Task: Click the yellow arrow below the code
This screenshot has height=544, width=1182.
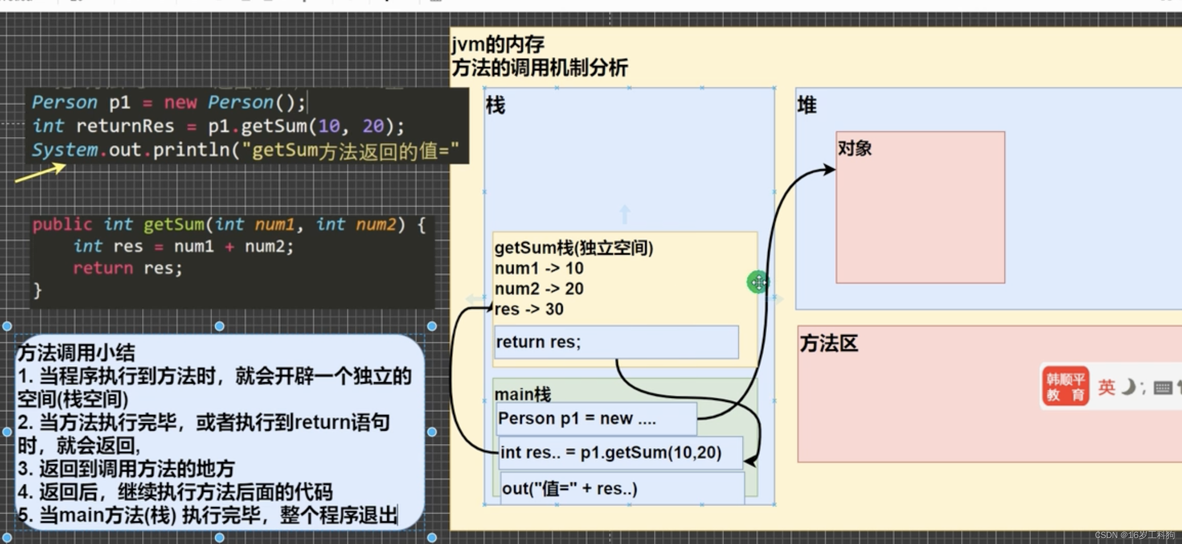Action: click(40, 173)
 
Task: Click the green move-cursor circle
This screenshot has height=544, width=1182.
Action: click(758, 282)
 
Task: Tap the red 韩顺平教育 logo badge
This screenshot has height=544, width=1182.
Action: click(1065, 386)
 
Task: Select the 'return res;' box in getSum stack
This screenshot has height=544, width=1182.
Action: click(616, 342)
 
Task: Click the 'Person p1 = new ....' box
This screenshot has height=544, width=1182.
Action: click(596, 419)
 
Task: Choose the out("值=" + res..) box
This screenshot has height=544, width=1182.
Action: click(621, 489)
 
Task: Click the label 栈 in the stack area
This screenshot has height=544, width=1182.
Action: click(495, 106)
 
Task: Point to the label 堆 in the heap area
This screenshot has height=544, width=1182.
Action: click(807, 106)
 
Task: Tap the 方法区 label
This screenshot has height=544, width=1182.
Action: click(828, 343)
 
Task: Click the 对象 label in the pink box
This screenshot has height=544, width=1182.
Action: click(854, 149)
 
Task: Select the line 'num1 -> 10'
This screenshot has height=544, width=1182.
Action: click(539, 268)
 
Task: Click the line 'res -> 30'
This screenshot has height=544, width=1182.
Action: click(529, 310)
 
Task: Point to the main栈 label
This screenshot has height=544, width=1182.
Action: click(523, 394)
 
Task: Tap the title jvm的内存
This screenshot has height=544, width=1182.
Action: click(498, 45)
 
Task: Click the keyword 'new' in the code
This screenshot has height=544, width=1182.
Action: click(180, 102)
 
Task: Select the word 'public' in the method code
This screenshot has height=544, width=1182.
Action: click(62, 225)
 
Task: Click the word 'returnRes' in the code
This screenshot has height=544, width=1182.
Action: click(125, 126)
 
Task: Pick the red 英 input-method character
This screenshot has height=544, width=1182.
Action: click(1106, 388)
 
